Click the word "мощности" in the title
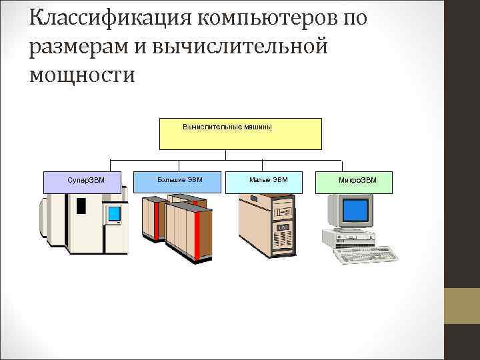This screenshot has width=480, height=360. (x=82, y=74)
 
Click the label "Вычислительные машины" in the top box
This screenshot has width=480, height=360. (x=227, y=127)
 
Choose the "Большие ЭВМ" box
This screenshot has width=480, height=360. (x=179, y=179)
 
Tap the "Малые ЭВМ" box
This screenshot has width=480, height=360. (x=268, y=179)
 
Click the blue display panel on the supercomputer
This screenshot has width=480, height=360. (x=114, y=214)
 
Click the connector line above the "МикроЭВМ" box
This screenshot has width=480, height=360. (x=342, y=165)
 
